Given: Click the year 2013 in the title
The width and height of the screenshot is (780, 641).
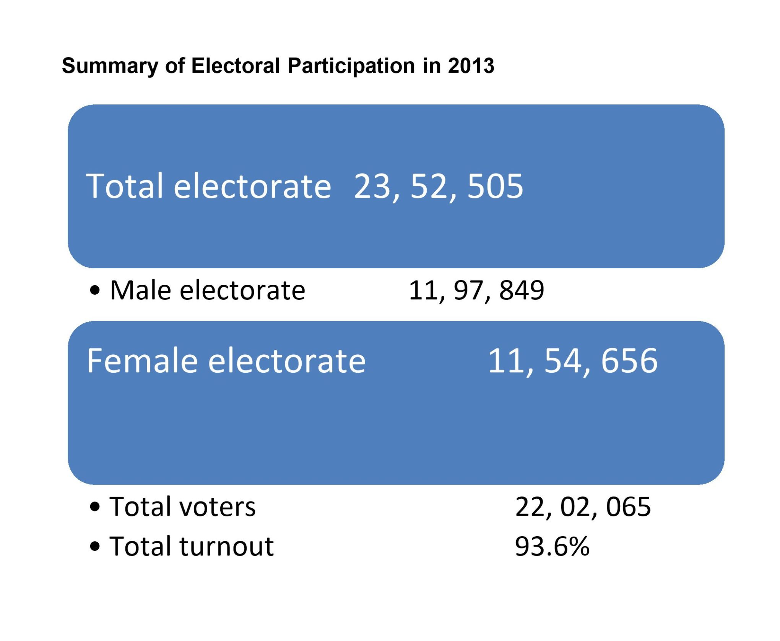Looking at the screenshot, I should click(x=471, y=66).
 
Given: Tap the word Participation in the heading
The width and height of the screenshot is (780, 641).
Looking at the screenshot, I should click(x=351, y=66).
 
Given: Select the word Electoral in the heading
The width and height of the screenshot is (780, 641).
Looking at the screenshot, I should click(x=236, y=66).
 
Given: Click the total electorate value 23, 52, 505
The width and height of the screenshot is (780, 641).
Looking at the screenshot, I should click(x=438, y=187).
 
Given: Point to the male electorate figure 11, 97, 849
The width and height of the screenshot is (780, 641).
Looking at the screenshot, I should click(x=476, y=290).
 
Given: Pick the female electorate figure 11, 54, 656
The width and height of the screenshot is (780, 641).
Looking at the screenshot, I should click(x=572, y=361).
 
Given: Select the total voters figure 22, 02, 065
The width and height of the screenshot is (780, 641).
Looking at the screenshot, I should click(x=583, y=507).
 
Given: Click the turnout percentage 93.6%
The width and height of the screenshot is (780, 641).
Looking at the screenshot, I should click(x=552, y=547).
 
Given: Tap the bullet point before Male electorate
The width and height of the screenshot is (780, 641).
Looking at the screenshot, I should click(x=95, y=291).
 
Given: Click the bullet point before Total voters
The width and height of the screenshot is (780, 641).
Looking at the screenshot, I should click(x=95, y=508).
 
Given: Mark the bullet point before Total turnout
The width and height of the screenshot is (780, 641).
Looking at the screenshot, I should click(x=95, y=547).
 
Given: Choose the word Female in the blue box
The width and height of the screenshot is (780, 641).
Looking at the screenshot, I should click(x=141, y=361).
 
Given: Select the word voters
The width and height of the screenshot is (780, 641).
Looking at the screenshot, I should click(x=218, y=508).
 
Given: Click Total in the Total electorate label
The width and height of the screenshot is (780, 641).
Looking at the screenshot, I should click(x=125, y=187).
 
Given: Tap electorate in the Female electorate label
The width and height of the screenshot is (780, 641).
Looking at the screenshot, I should click(x=287, y=361).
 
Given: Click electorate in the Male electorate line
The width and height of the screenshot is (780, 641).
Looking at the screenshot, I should click(x=242, y=290).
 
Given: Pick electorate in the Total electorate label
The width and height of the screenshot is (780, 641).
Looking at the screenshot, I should click(x=252, y=187).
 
